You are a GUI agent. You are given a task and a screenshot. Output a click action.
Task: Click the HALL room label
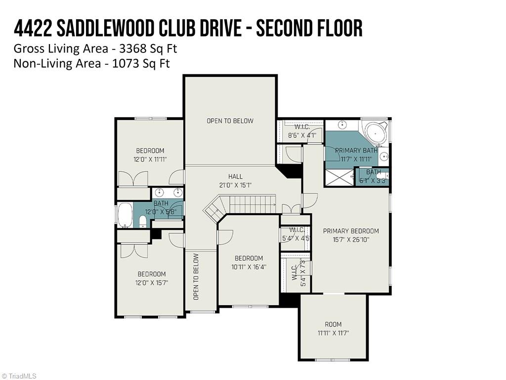235,176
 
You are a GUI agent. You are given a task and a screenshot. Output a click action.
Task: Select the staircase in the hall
242,204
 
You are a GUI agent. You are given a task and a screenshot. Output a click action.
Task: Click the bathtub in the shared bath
125,215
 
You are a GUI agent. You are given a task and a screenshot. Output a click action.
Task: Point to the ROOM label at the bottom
333,324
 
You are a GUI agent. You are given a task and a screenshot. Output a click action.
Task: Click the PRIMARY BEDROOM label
351,231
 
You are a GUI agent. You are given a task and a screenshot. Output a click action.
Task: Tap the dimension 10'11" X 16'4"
249,267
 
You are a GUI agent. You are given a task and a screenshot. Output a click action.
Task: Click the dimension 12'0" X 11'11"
150,159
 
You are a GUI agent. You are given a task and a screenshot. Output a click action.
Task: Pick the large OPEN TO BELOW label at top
230,121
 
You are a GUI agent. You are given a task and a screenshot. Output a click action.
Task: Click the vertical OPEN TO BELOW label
196,277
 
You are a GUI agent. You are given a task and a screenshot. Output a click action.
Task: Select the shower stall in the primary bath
339,177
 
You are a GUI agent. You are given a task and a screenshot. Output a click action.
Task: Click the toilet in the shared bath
143,221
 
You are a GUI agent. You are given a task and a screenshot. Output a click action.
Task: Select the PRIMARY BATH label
356,150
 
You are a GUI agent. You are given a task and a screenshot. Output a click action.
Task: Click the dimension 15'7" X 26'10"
351,239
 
